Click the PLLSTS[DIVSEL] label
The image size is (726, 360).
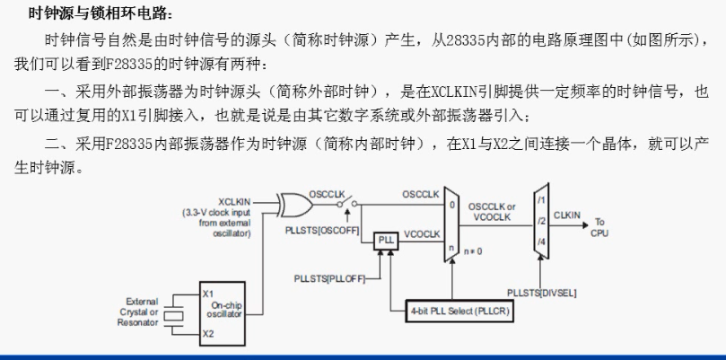[x=542, y=293]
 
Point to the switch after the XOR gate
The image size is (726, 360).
[x=346, y=203]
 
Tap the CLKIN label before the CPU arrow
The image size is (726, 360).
[x=569, y=214]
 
